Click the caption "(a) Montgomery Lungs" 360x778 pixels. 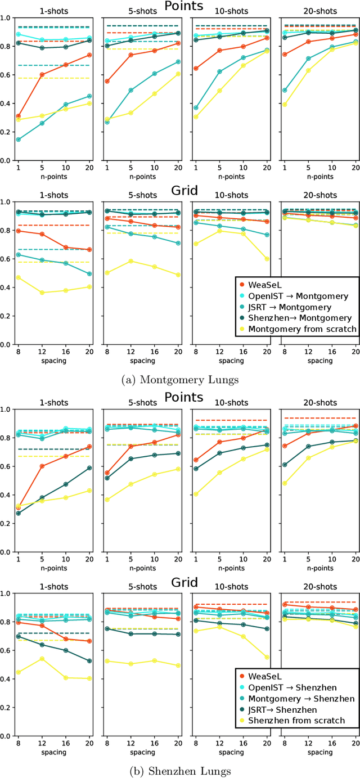179,380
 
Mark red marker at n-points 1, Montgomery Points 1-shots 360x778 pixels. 18,116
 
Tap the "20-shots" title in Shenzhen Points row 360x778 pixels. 319,403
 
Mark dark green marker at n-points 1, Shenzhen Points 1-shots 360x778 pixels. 18,513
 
